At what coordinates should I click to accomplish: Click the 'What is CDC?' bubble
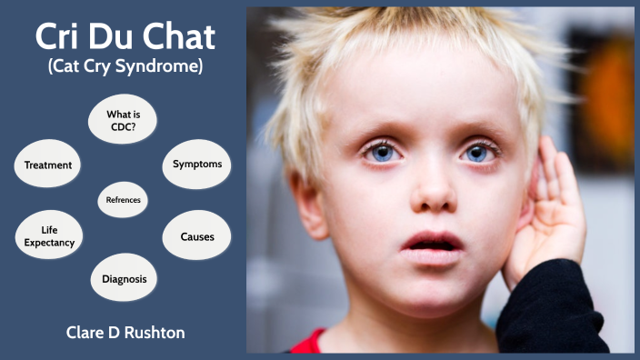tap(123, 120)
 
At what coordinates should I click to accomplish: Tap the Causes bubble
tap(196, 236)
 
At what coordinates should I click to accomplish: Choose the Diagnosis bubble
tap(125, 278)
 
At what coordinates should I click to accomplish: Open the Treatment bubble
tap(47, 165)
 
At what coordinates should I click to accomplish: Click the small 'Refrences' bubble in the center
tap(123, 199)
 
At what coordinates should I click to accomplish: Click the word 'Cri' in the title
tap(60, 36)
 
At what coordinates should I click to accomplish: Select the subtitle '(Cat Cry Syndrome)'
tap(125, 69)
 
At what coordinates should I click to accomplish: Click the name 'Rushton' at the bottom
tap(156, 333)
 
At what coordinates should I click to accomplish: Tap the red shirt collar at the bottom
tap(309, 343)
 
